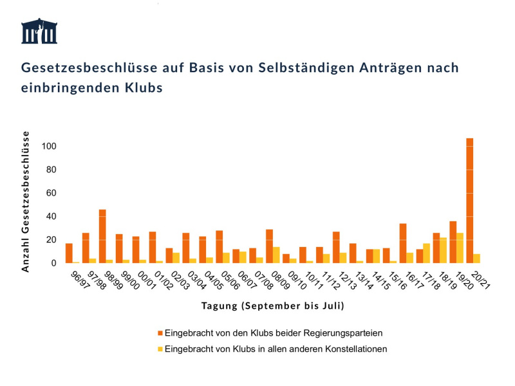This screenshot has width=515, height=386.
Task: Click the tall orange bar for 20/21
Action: pyautogui.click(x=470, y=201)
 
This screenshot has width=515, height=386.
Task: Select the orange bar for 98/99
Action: pyautogui.click(x=102, y=236)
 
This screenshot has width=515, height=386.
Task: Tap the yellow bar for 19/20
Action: pyautogui.click(x=460, y=248)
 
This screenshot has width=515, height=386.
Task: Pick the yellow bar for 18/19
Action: pyautogui.click(x=443, y=250)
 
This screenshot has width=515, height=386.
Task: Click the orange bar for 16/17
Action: pyautogui.click(x=403, y=243)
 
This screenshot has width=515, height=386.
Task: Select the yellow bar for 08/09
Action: pyautogui.click(x=276, y=255)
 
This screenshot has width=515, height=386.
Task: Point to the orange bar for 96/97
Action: pyautogui.click(x=69, y=253)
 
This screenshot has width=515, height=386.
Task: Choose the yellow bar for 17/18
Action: pyautogui.click(x=426, y=253)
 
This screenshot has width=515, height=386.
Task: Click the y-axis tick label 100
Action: pyautogui.click(x=49, y=146)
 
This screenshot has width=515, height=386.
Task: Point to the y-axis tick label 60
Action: pyautogui.click(x=51, y=193)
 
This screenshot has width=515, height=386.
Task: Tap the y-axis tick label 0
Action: pyautogui.click(x=53, y=263)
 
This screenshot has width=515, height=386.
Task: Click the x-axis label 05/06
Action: pyautogui.click(x=230, y=280)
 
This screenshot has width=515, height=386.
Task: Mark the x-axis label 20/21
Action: pyautogui.click(x=480, y=280)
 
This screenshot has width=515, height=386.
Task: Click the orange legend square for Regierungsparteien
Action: pyautogui.click(x=160, y=333)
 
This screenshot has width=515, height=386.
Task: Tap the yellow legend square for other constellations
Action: pyautogui.click(x=160, y=349)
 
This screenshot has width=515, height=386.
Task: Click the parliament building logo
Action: pyautogui.click(x=39, y=31)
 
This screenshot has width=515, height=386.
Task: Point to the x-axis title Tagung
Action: pyautogui.click(x=219, y=306)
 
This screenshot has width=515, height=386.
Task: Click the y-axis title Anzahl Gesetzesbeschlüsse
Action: pyautogui.click(x=25, y=202)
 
